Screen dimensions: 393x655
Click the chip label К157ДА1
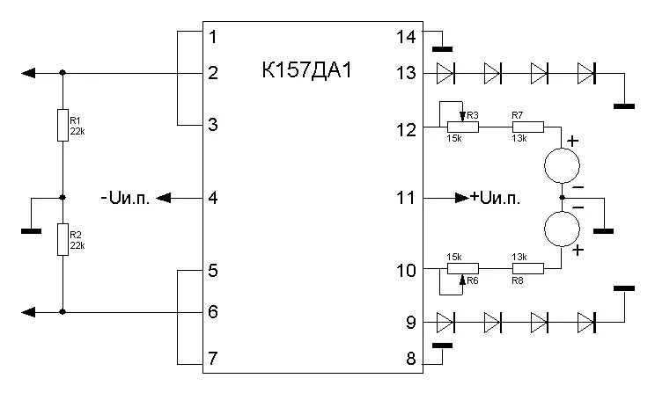click(x=307, y=70)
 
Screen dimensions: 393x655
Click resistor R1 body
click(x=63, y=125)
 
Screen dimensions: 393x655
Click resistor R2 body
click(x=63, y=239)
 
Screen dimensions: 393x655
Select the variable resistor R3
click(x=462, y=127)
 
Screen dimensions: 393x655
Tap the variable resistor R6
click(x=462, y=268)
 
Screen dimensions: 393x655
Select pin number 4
click(x=212, y=198)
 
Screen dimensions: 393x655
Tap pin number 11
click(x=405, y=198)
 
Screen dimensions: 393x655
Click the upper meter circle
click(x=562, y=164)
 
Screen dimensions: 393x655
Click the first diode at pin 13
click(x=447, y=73)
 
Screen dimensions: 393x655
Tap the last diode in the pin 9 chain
click(x=586, y=322)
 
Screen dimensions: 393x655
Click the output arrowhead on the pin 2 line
click(x=29, y=73)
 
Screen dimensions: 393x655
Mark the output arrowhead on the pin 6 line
click(x=29, y=311)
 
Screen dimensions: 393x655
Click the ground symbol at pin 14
click(x=440, y=47)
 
